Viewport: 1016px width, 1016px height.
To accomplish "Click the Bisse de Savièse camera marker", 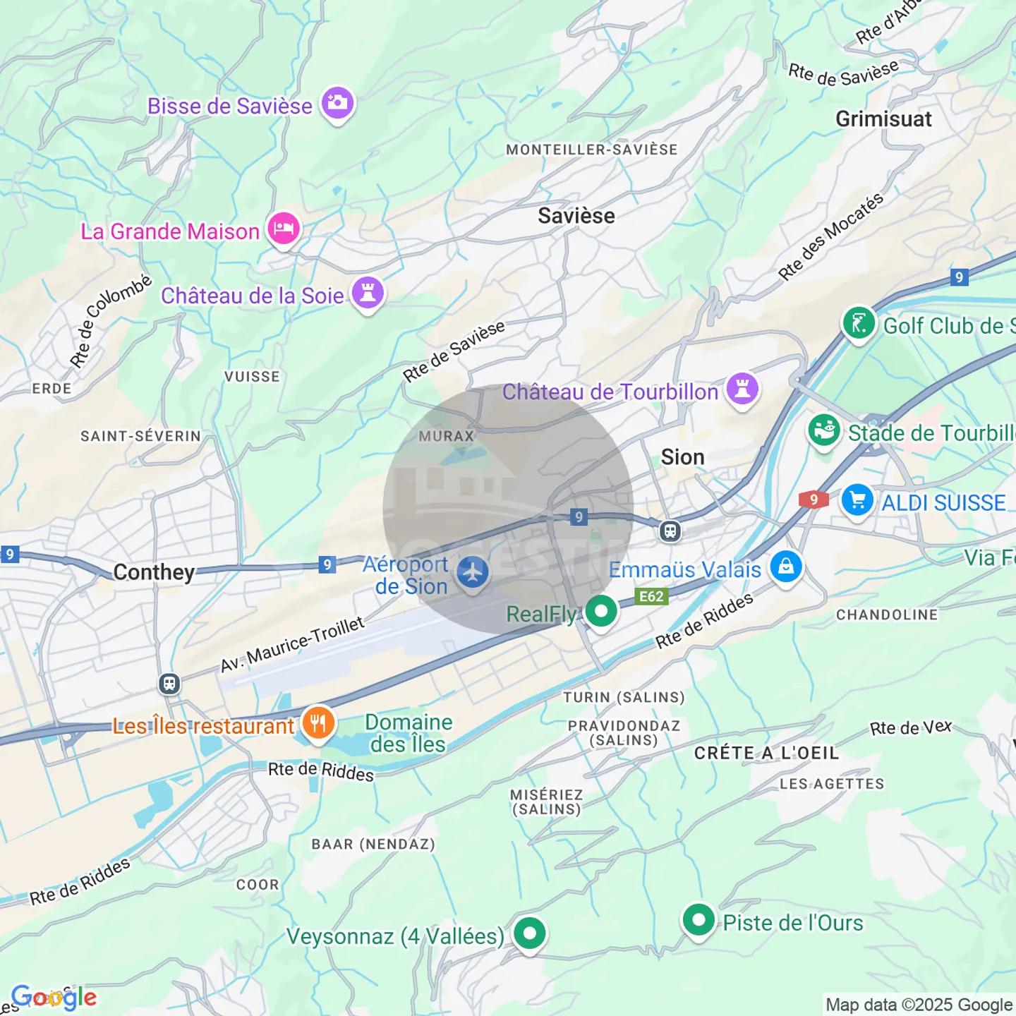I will [337, 103].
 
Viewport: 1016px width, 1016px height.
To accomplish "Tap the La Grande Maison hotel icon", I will [284, 229].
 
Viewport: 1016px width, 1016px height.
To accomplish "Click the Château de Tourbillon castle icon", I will [742, 388].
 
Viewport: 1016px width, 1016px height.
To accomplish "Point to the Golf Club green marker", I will [859, 324].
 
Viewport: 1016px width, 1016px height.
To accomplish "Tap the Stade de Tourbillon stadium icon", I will [824, 430].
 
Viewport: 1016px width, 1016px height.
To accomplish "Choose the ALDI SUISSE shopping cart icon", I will [857, 500].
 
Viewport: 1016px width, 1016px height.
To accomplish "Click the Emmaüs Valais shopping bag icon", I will [786, 567].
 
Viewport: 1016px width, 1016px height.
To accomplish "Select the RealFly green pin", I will [601, 611].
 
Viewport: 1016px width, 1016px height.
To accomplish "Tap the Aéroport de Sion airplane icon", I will [473, 572].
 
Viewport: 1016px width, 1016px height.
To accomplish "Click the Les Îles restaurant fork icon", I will [318, 723].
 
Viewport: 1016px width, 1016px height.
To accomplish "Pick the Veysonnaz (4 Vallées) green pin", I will [530, 933].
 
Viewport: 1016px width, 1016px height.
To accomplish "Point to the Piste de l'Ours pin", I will [698, 920].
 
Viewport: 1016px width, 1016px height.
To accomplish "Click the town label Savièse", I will [576, 216].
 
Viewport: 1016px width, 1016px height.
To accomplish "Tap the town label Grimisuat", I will [883, 119].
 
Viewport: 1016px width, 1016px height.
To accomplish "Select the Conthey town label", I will [154, 571].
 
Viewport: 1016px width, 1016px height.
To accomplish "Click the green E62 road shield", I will [651, 596].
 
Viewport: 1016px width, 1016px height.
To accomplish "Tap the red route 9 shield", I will [814, 500].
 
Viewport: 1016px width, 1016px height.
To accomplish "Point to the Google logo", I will [54, 997].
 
